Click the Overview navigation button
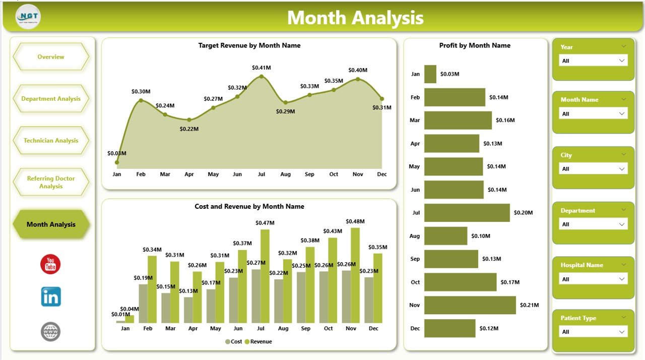pos(51,57)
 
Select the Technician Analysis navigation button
pos(51,141)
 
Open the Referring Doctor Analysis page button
pos(51,183)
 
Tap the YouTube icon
pos(50,264)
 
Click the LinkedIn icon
pos(51,296)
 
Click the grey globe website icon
pos(50,332)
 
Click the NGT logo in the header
pos(28,17)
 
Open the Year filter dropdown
pos(593,61)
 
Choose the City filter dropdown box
pos(593,169)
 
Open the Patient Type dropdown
pos(593,332)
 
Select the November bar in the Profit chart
pos(470,305)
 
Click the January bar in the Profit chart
pos(430,74)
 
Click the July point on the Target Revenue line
pos(261,77)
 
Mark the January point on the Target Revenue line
pos(117,162)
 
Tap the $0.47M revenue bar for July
pos(265,276)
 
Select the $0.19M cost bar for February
pos(143,303)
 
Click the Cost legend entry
pos(234,342)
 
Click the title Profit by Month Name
pos(475,45)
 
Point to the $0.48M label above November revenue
pos(355,221)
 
